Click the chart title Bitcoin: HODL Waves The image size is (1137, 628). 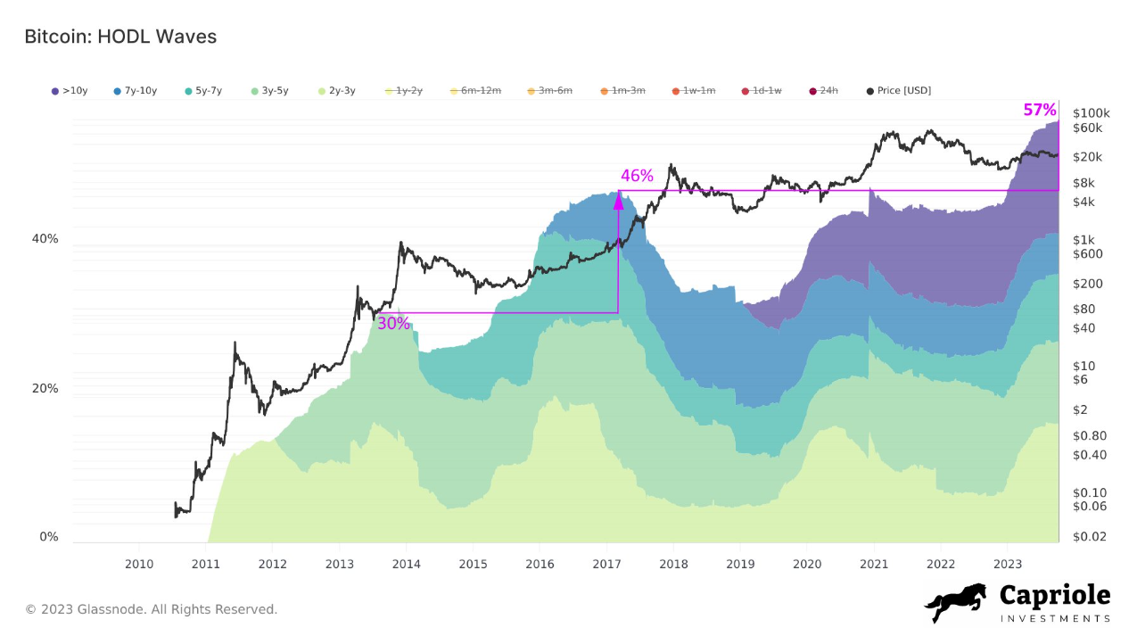120,37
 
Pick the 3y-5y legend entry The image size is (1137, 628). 273,91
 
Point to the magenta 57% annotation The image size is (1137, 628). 1039,111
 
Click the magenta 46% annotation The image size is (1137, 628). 637,176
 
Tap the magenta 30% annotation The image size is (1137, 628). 393,324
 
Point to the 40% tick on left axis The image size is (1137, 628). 45,239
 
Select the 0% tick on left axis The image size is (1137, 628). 49,537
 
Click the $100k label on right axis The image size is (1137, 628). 1092,113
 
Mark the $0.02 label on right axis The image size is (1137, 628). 1090,536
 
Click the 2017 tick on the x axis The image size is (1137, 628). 606,564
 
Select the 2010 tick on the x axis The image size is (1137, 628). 138,564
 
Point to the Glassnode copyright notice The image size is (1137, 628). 151,609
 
